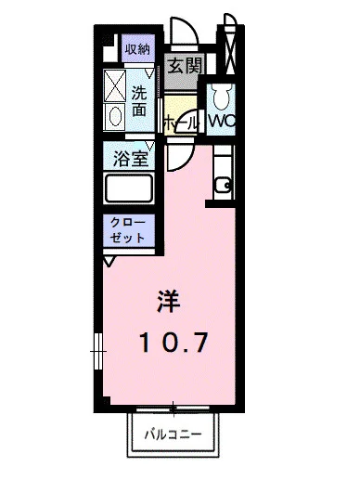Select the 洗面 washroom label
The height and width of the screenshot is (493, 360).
tap(138, 101)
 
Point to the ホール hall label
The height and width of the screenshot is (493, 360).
tap(179, 123)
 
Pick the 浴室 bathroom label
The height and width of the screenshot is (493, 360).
tap(131, 158)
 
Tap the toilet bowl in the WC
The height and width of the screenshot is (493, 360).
tap(221, 97)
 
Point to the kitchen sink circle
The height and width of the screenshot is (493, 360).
tap(223, 185)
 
